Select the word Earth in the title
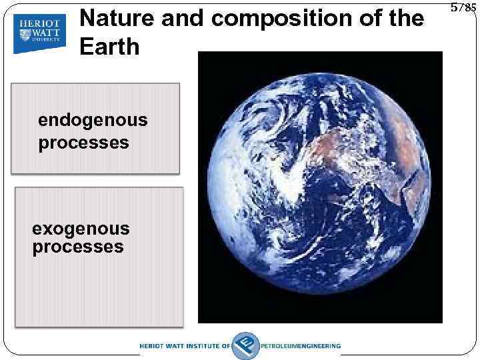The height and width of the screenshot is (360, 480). click(x=109, y=47)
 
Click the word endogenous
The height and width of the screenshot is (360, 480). click(x=93, y=121)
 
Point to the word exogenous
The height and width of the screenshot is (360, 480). click(x=81, y=229)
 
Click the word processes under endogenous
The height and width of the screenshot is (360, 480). click(x=83, y=143)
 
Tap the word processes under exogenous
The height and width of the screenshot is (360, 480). click(x=78, y=247)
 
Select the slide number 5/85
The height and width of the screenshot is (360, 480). click(x=463, y=9)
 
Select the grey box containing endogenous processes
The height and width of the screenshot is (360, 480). click(x=97, y=128)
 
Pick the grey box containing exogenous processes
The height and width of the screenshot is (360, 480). click(x=99, y=257)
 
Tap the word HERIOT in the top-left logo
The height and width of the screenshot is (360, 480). click(x=40, y=21)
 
